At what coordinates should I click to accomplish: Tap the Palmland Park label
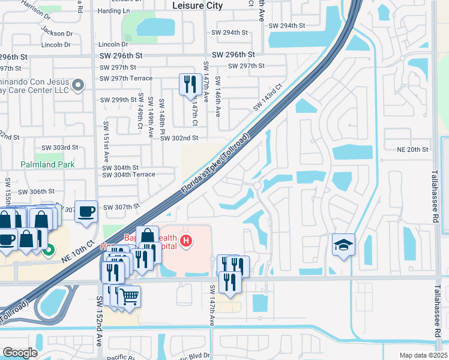29,164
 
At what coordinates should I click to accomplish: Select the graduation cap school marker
344,245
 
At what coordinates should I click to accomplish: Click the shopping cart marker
129,295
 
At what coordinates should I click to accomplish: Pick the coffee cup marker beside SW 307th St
86,211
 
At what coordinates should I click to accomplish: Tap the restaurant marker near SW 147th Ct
191,85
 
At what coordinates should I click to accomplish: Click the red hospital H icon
187,241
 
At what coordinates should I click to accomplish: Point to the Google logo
20,352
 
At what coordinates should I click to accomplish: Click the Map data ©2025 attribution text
423,355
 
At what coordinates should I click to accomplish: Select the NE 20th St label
413,149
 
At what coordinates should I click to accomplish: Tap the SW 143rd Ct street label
267,97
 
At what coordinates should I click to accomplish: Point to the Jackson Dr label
58,34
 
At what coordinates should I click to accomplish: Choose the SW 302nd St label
179,138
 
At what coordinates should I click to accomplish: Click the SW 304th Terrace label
128,175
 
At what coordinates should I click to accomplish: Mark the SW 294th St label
287,26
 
